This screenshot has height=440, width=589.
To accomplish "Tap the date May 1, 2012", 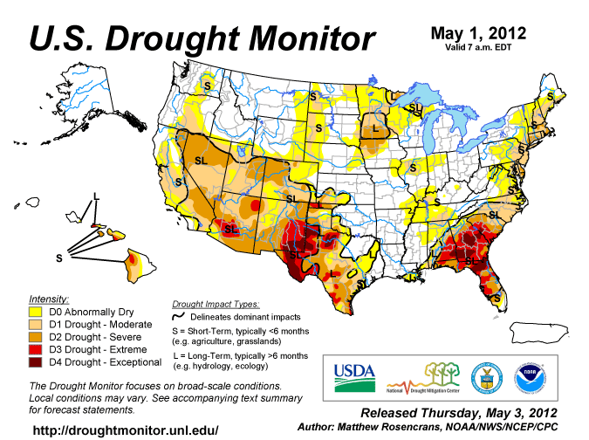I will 478,33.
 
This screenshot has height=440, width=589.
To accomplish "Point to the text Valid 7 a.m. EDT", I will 478,48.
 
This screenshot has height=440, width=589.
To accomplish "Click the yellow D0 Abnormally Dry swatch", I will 37,311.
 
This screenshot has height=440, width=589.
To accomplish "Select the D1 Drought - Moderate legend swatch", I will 37,324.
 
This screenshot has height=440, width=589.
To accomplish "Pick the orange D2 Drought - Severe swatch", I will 37,336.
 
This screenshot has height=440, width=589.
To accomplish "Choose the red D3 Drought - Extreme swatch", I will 37,349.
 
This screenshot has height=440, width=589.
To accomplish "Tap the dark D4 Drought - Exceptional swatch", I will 37,361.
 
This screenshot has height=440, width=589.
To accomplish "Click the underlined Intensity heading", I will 49,298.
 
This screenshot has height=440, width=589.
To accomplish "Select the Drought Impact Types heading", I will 215,303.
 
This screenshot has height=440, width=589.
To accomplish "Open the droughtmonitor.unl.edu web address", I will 126,430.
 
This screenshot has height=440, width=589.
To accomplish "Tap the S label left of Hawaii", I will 59,258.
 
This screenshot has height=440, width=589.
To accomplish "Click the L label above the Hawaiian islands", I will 96,194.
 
